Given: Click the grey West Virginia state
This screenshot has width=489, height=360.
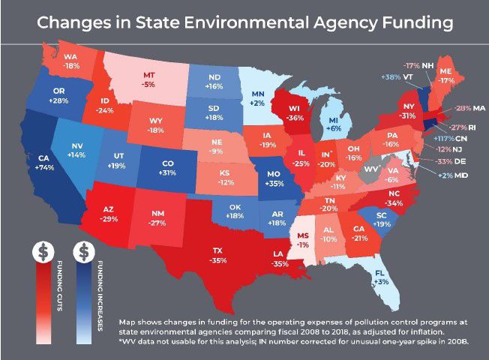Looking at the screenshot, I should coord(369,170).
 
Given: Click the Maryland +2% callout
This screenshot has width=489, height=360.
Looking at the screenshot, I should coord(450,175).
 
